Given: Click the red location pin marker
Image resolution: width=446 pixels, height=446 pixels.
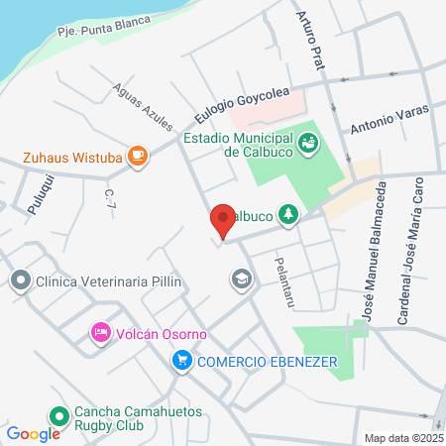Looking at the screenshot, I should pos(222,219).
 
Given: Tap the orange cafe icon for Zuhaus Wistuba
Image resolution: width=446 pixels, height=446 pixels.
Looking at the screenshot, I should pos(138,156).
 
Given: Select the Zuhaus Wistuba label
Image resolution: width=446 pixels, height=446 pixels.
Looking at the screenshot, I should pos(73,156).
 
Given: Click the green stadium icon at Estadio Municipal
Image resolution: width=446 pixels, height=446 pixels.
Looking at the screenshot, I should pos(309,142).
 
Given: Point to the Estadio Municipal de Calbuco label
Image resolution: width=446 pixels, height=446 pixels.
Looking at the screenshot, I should pos(241,145).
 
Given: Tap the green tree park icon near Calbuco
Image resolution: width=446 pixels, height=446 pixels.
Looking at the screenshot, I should pos(288,213).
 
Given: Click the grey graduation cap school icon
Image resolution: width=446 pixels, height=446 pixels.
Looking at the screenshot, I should pos(241,280).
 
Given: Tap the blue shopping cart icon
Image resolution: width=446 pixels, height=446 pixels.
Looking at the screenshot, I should pos(180,362).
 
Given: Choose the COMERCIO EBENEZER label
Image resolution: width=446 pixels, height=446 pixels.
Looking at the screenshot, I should pos(266,362).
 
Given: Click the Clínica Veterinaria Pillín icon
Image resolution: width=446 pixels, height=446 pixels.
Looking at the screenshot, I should pos(19,281).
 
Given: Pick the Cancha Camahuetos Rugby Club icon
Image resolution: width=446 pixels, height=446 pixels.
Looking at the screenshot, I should pos(58,417).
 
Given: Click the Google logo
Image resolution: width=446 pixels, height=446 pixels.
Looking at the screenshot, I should pos(33,433).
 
